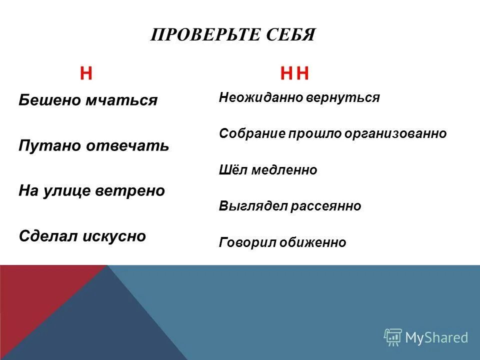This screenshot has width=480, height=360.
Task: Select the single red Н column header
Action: pyautogui.click(x=86, y=74)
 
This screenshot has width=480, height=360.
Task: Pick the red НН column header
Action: pyautogui.click(x=295, y=74)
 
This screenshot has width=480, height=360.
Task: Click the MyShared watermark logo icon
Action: pyautogui.click(x=393, y=337)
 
